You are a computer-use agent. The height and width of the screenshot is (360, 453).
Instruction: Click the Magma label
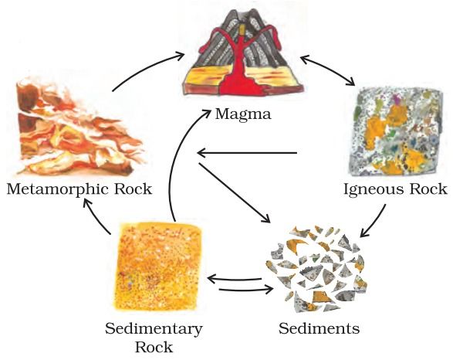pyautogui.click(x=243, y=114)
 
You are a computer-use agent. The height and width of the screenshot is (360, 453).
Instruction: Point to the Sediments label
pyautogui.click(x=319, y=328)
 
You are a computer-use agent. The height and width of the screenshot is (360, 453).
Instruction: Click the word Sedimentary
pyautogui.click(x=154, y=330)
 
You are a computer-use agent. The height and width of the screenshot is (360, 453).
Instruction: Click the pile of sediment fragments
pyautogui.click(x=317, y=269)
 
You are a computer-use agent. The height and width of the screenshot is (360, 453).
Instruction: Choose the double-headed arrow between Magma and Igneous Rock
pyautogui.click(x=327, y=70)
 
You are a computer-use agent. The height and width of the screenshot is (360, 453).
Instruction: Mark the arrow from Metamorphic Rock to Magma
pyautogui.click(x=146, y=68)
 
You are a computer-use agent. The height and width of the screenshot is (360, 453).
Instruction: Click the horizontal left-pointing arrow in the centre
pyautogui.click(x=247, y=153)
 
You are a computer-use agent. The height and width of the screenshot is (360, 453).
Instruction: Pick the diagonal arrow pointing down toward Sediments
pyautogui.click(x=234, y=193)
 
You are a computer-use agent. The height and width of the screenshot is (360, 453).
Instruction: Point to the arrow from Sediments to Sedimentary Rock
pyautogui.click(x=235, y=280)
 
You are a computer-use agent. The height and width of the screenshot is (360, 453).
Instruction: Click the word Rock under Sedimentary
pyautogui.click(x=154, y=348)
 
